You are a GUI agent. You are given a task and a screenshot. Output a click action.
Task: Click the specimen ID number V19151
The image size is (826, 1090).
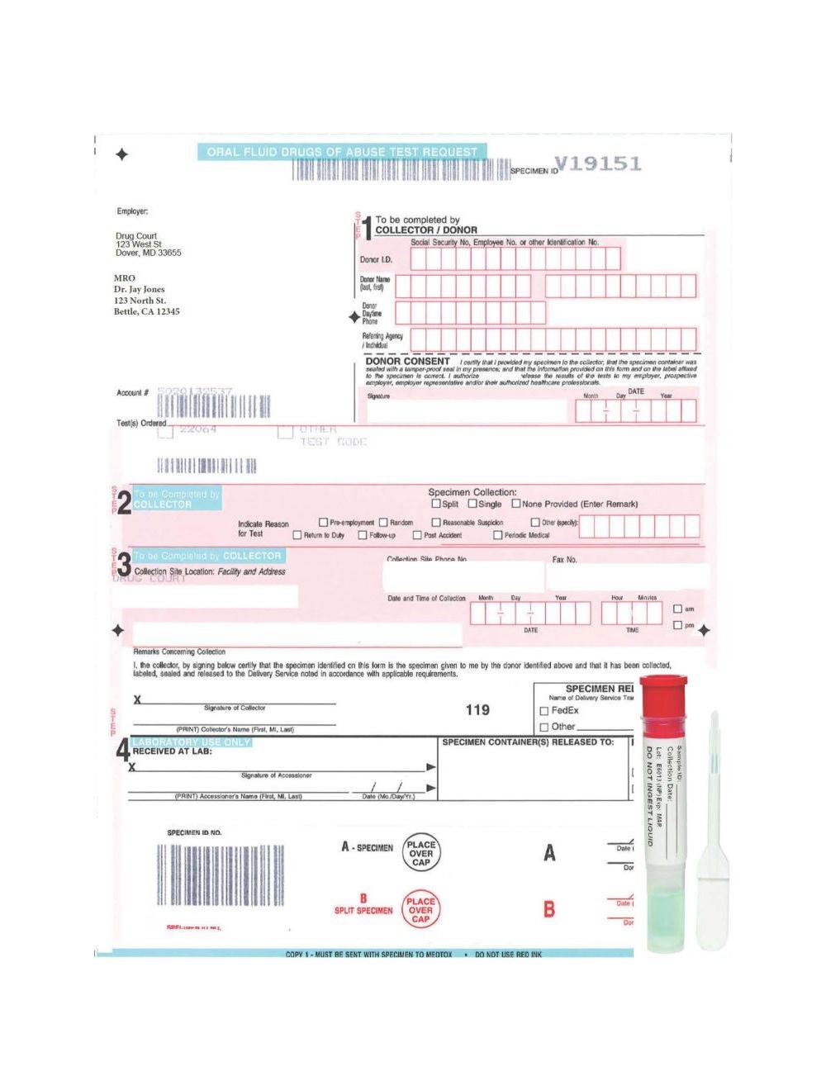(x=597, y=163)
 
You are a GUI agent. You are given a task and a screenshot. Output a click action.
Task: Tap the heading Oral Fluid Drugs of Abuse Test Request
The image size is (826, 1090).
(x=342, y=152)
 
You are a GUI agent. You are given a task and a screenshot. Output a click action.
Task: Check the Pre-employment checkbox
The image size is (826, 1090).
(x=323, y=522)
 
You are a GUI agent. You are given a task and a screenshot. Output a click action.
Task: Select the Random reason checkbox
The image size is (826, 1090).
(x=383, y=522)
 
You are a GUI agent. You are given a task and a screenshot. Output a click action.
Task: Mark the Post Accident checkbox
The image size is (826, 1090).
(x=417, y=535)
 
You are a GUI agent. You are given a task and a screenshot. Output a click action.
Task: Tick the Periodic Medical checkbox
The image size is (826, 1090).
(x=497, y=535)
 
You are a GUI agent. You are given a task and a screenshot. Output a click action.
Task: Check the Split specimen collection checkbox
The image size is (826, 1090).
(x=436, y=504)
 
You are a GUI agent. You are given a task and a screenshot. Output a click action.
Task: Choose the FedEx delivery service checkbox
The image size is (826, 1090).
(x=544, y=711)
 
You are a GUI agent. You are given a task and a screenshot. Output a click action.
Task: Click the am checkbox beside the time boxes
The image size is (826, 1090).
(x=677, y=609)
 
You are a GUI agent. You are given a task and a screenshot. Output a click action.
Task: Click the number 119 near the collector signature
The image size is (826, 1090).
(x=477, y=709)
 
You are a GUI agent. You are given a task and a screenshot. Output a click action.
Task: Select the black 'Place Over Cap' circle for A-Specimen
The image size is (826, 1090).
(x=420, y=854)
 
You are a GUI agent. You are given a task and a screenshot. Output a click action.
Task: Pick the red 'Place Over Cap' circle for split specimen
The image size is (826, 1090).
(x=420, y=910)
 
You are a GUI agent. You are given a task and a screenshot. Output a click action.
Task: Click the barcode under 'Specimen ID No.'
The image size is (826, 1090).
(x=221, y=875)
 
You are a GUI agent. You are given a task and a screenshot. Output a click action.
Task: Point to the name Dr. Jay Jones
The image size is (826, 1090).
(x=139, y=290)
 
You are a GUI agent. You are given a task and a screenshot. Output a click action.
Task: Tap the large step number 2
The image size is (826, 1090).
(x=124, y=502)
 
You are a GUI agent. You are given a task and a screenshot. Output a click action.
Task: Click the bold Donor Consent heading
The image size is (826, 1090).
(x=407, y=362)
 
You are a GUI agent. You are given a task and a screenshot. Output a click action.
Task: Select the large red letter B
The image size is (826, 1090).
(x=549, y=909)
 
